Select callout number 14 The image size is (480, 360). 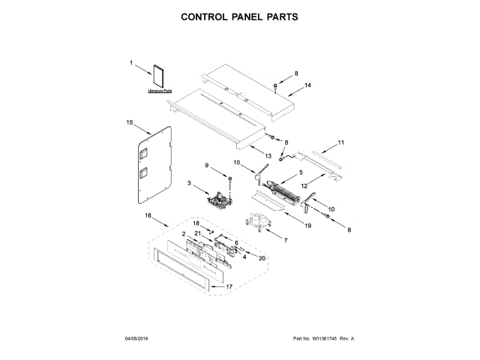[307, 86]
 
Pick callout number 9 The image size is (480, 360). [208, 165]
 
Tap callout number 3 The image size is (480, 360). [190, 183]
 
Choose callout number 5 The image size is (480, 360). [301, 172]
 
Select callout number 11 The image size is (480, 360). [340, 142]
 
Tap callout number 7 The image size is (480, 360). [285, 240]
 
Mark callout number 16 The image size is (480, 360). [148, 215]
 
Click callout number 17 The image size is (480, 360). [230, 286]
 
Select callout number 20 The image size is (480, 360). [262, 259]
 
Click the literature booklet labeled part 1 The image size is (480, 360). [158, 78]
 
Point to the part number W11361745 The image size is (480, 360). [315, 339]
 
